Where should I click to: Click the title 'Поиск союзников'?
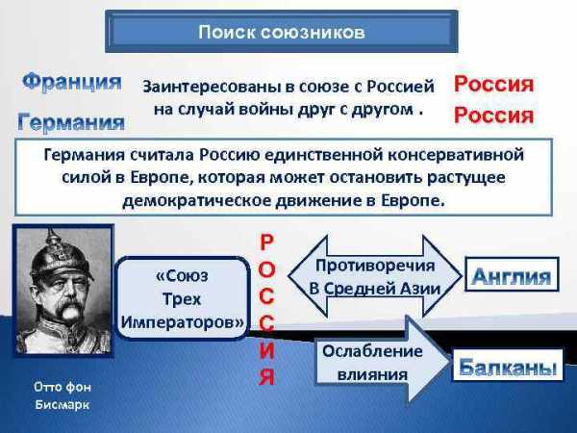pos(282,32)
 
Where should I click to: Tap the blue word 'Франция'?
pos(72,82)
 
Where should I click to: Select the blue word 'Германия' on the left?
pos(71,122)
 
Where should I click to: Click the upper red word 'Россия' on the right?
pos(494,84)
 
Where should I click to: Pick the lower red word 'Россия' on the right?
pos(494,115)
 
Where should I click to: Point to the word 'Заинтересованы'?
pos(209,88)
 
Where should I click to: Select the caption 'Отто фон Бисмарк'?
pos(63,395)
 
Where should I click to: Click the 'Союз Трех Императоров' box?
pos(183,298)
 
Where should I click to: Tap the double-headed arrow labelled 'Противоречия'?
pos(375,276)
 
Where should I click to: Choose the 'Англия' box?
pos(512,275)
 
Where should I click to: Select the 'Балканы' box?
pos(508,366)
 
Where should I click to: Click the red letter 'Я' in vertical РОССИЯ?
pos(266,376)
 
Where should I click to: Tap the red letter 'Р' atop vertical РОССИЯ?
pos(266,242)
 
